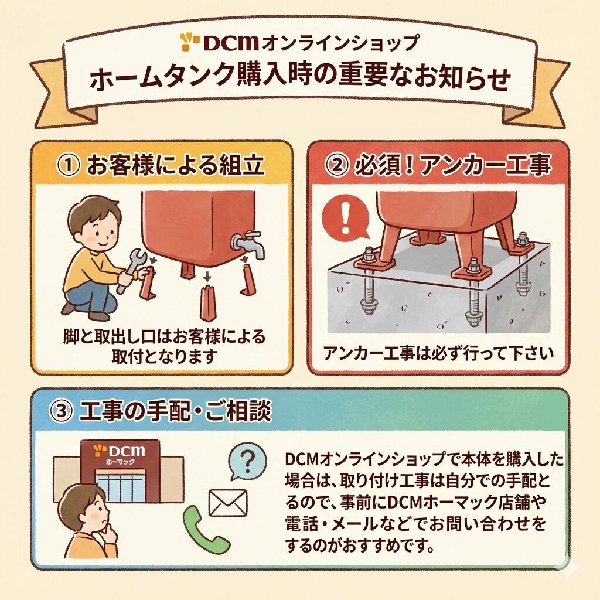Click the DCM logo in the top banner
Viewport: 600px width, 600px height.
click(x=220, y=42)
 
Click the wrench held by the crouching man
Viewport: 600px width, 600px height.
click(x=130, y=270)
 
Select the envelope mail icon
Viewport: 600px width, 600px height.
click(x=228, y=503)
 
